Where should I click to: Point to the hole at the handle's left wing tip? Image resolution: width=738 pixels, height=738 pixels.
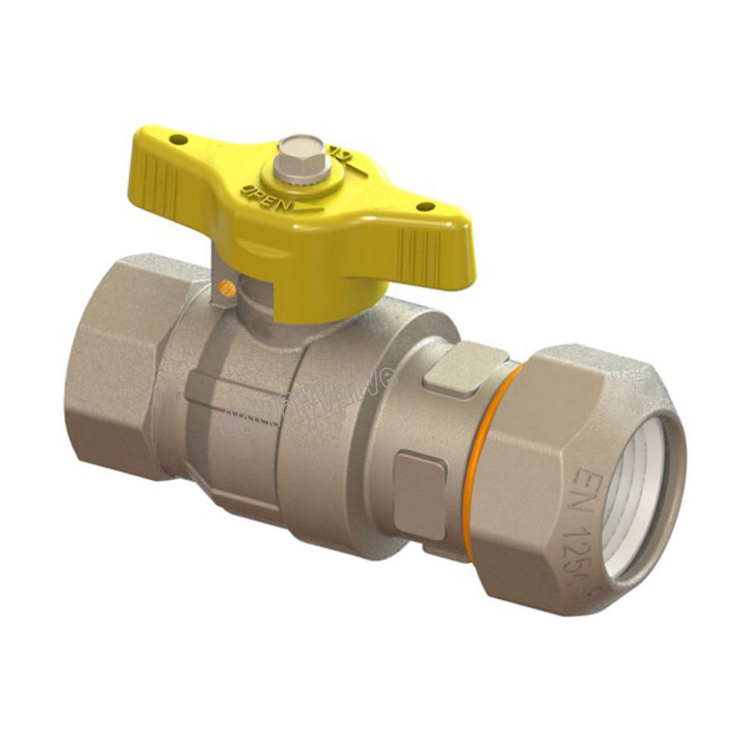coord(180,140)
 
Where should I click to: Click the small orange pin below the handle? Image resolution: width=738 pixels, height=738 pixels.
coord(223,285)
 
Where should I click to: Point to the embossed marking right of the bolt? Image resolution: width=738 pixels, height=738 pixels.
coord(341,156)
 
